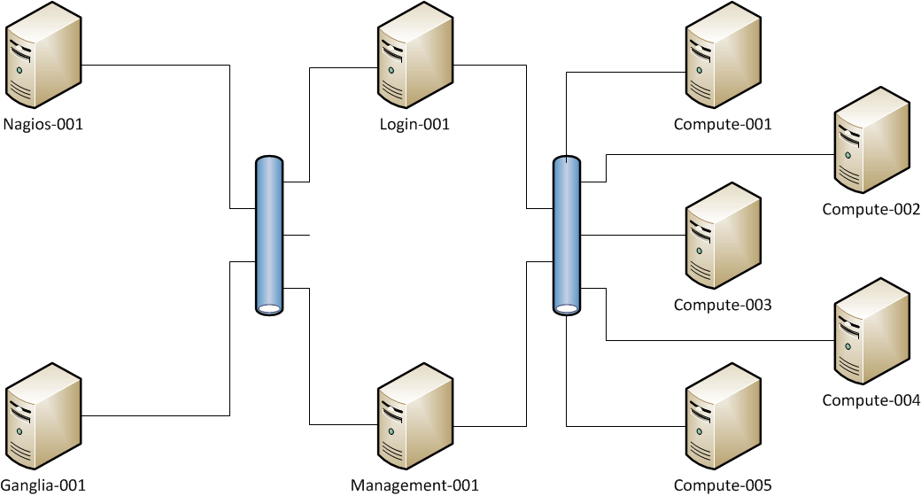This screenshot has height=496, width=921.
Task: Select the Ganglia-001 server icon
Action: pos(43,422)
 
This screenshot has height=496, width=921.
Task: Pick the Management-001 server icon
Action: pos(414,422)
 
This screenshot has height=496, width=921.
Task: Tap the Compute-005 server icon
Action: pos(724,422)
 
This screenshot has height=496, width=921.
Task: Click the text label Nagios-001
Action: pos(43,125)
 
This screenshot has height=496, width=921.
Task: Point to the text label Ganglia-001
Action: pos(43,485)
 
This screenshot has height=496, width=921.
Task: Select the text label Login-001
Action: pos(414,125)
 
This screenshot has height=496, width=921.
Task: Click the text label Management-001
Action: pos(414,485)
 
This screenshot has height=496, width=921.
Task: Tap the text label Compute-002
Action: pos(871,210)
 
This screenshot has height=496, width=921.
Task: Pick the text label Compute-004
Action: pos(871,400)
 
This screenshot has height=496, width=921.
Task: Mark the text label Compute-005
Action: pos(723,485)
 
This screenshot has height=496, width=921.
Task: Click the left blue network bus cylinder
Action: pos(268,236)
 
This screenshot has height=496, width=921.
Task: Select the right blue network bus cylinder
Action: pos(567,236)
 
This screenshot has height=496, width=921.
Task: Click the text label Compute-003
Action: pos(723,306)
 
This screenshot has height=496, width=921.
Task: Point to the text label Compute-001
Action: pos(723,125)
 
